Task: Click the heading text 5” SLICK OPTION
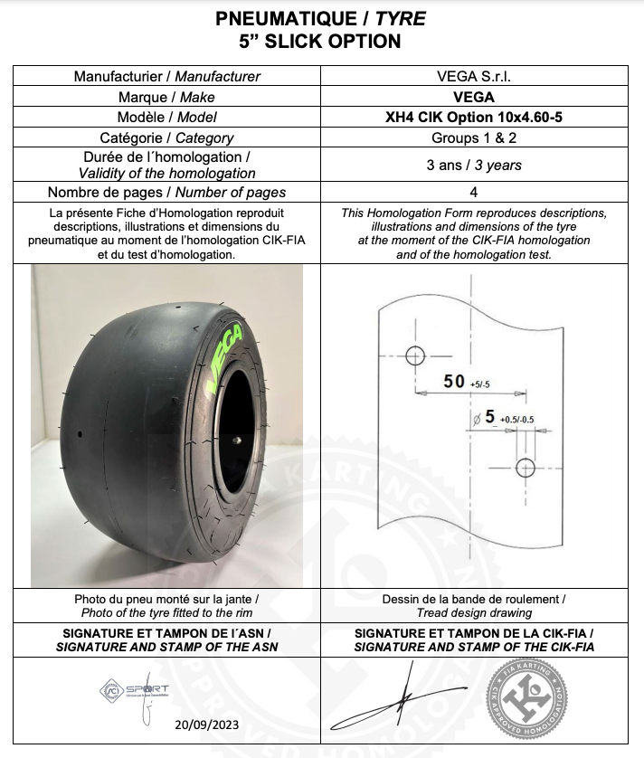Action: coord(321,41)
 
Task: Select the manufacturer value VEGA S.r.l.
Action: coord(473,77)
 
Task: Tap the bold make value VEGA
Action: coord(473,97)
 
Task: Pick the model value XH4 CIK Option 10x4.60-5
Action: coord(473,117)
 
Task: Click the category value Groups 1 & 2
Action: coord(473,137)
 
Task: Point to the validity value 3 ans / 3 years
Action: coord(473,165)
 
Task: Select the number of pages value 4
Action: coord(473,192)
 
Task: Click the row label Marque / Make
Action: coord(166,97)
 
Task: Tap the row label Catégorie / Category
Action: coord(166,137)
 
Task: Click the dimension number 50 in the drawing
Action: coord(454,381)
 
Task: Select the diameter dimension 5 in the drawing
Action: coord(489,417)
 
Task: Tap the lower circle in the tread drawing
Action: coord(526,467)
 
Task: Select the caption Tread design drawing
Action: coord(474,613)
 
